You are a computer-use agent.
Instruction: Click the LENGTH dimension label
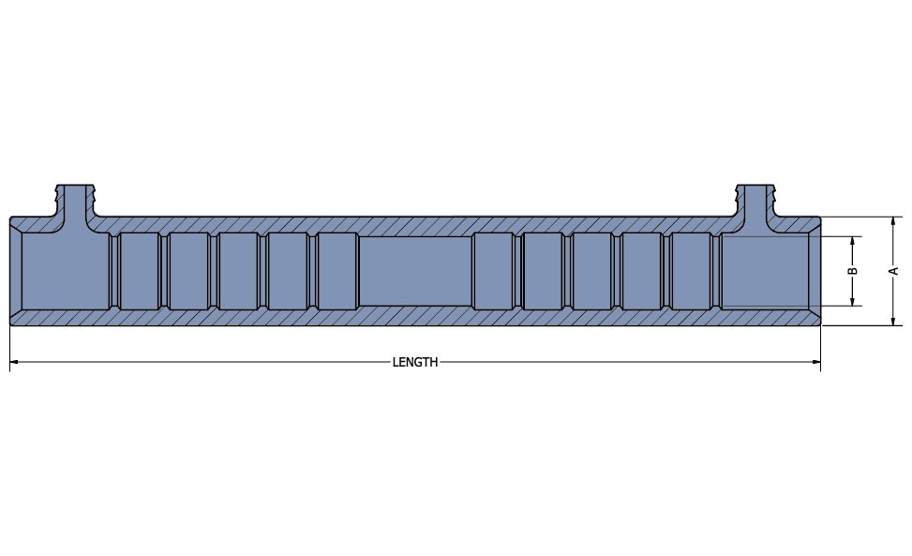pos(414,362)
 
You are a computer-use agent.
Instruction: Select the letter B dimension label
pos(853,271)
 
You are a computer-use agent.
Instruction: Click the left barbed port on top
pos(76,201)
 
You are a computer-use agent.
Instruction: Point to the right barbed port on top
pos(756,201)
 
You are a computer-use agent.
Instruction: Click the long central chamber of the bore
pos(415,271)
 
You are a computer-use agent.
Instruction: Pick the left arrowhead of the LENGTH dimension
pos(15,362)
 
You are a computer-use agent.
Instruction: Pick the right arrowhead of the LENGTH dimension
pos(815,362)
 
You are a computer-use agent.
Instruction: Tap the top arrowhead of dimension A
pos(893,221)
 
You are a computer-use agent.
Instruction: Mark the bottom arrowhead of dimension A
pos(893,321)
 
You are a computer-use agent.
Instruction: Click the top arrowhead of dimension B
pos(853,241)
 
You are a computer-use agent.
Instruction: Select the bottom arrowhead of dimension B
pos(853,301)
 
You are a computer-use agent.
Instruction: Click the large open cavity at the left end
pos(60,272)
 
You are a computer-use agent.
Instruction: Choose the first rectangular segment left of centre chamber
pos(337,271)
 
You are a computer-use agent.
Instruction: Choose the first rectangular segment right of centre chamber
pos(493,271)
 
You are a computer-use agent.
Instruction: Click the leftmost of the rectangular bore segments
pos(139,271)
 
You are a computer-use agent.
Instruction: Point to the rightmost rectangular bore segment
pos(691,271)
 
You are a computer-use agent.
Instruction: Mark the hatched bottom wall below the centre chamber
pos(415,316)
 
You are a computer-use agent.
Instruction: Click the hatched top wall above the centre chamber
pos(415,226)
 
